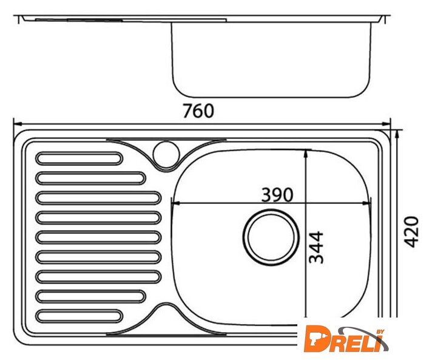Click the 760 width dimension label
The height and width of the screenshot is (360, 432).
(x=198, y=111)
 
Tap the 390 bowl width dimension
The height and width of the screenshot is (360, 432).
(x=277, y=195)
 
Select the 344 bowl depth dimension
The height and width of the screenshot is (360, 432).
(x=316, y=247)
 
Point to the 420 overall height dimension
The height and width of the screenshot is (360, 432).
(x=411, y=232)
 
